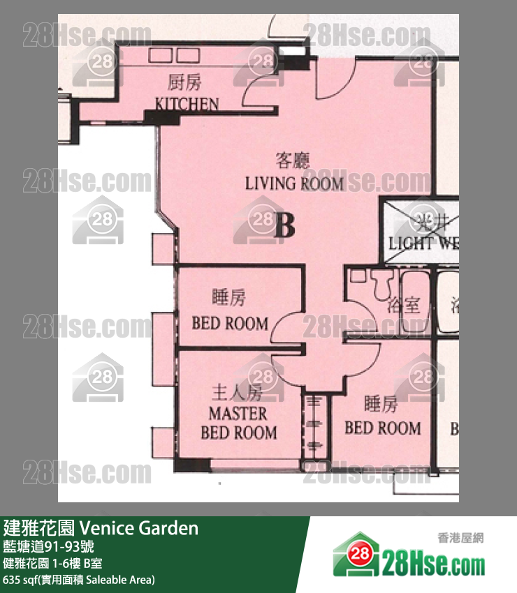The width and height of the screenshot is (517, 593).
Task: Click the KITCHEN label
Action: pos(187,105)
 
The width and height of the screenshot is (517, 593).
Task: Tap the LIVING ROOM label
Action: pos(294,184)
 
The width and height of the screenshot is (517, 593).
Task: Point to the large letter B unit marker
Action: pos(284,225)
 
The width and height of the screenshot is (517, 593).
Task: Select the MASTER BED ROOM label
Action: pos(238,423)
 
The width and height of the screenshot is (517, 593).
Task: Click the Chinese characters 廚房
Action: pos(185,84)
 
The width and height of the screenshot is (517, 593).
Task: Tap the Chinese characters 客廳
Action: pos(292,162)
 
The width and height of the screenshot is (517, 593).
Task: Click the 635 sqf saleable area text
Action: pos(79,580)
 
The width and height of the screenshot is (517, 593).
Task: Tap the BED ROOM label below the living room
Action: pos(230,323)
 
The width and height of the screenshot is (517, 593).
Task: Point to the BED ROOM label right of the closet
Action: pos(383,428)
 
